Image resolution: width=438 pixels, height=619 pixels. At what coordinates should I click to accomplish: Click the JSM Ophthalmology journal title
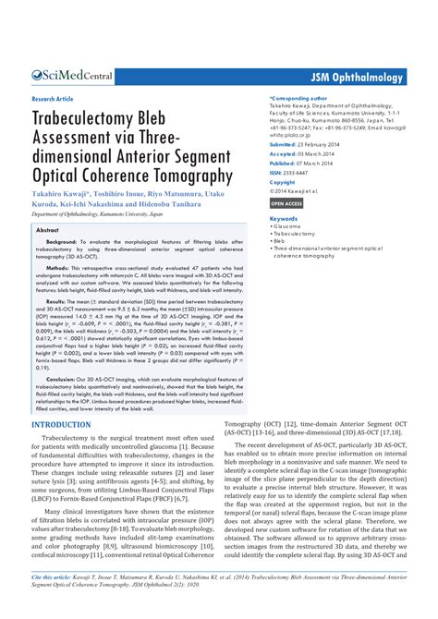(x=358, y=79)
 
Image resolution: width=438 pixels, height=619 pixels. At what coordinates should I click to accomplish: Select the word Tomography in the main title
(x=204, y=175)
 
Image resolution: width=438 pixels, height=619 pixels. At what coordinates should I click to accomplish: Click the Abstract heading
(x=47, y=229)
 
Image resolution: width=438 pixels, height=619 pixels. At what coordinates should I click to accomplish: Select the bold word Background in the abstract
(x=62, y=242)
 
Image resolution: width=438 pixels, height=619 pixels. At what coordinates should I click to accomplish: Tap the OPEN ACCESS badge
(x=286, y=201)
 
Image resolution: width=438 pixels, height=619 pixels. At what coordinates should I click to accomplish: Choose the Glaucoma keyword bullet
(x=287, y=226)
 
